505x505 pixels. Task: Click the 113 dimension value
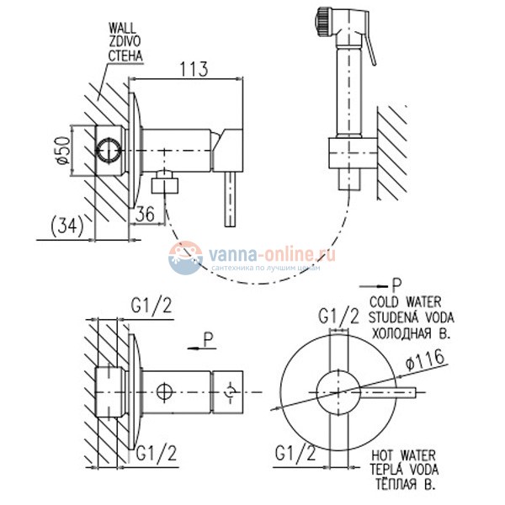[194, 71]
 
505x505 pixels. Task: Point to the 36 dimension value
[143, 215]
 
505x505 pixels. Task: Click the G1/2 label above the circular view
[338, 316]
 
